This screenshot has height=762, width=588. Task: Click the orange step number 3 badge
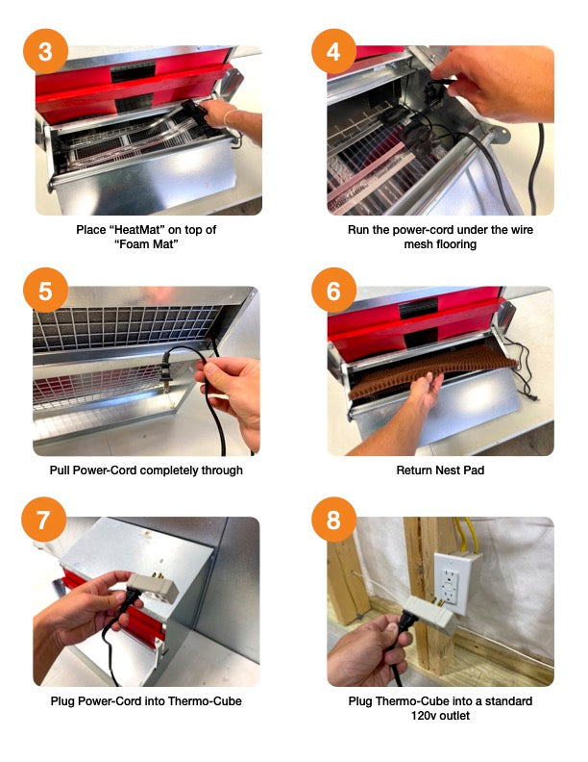pos(45,52)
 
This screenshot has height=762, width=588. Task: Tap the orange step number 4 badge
pos(333,52)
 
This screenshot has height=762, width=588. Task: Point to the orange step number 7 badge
pos(45,521)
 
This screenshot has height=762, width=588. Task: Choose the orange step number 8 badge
pos(333,521)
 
